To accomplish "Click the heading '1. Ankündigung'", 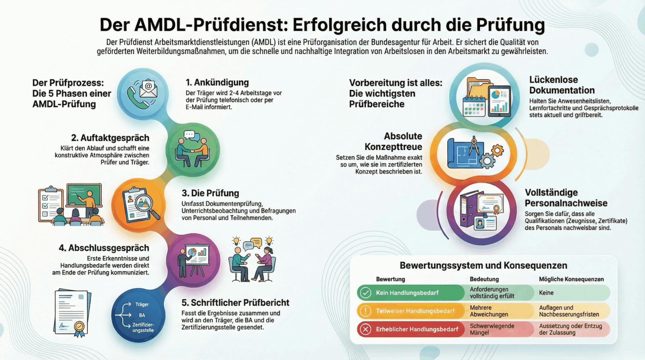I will tap(217, 83).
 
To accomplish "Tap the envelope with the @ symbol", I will tap(148, 88).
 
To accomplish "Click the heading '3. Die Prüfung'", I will tap(210, 193).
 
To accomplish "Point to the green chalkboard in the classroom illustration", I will tap(84, 194).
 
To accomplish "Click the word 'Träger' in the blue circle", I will tap(142, 304).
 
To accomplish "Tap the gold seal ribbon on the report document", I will tap(79, 327).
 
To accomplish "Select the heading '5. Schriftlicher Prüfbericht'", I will tap(235, 303).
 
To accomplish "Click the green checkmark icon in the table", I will tap(365, 293).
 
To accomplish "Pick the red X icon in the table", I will tap(365, 329).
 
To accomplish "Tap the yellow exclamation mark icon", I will tap(365, 311).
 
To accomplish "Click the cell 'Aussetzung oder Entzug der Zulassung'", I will tap(570, 329).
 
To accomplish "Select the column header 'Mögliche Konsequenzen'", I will tap(571, 279).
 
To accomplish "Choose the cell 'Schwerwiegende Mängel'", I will tap(492, 329).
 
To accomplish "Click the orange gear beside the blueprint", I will tap(497, 150).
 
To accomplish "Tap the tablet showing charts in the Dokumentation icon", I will tap(499, 100).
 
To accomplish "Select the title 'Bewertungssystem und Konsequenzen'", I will tap(483, 265).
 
